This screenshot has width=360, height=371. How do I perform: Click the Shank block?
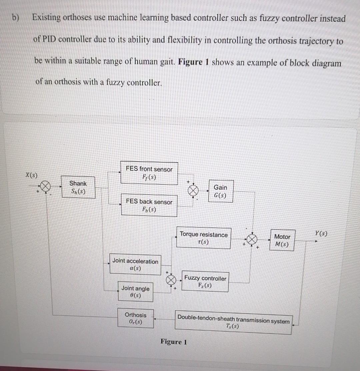(x=78, y=188)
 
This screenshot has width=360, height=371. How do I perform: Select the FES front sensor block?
(x=149, y=173)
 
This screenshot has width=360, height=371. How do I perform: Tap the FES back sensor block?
(x=149, y=205)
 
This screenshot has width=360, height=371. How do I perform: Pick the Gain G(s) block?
(x=220, y=191)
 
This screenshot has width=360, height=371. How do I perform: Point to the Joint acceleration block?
(x=135, y=265)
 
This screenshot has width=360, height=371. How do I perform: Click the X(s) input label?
(x=31, y=175)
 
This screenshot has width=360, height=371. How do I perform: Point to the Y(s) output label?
(x=320, y=234)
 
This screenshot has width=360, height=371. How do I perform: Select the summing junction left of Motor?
(x=253, y=239)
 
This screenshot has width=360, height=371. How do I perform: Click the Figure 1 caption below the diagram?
(x=174, y=342)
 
